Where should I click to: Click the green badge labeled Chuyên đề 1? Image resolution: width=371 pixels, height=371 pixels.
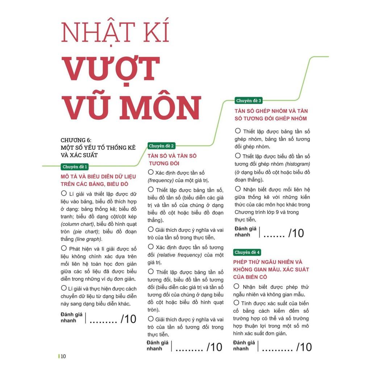75,167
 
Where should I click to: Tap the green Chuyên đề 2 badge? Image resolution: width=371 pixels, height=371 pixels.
161,146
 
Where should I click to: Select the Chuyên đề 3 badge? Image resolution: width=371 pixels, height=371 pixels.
248,101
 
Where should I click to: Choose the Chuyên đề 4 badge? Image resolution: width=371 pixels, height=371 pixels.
247,252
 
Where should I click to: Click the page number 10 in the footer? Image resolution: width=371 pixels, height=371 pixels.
63,356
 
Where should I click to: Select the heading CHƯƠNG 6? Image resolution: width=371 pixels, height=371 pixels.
76,140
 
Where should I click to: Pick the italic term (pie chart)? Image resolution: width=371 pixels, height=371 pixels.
86,232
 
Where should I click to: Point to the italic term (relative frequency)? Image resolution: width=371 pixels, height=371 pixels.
175,255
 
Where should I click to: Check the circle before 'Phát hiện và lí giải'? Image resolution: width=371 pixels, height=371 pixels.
64,248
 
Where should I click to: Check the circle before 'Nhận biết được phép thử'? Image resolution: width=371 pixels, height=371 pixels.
237,286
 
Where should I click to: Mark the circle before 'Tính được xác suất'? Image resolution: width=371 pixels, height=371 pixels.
237,303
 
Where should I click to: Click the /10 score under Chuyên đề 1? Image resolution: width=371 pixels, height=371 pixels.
128,319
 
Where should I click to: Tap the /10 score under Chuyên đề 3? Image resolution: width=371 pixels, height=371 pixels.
296,233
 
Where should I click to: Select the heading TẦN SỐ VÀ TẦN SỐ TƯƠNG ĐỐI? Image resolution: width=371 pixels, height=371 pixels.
172,159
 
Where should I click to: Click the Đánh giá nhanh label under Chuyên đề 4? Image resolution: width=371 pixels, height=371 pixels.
244,345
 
